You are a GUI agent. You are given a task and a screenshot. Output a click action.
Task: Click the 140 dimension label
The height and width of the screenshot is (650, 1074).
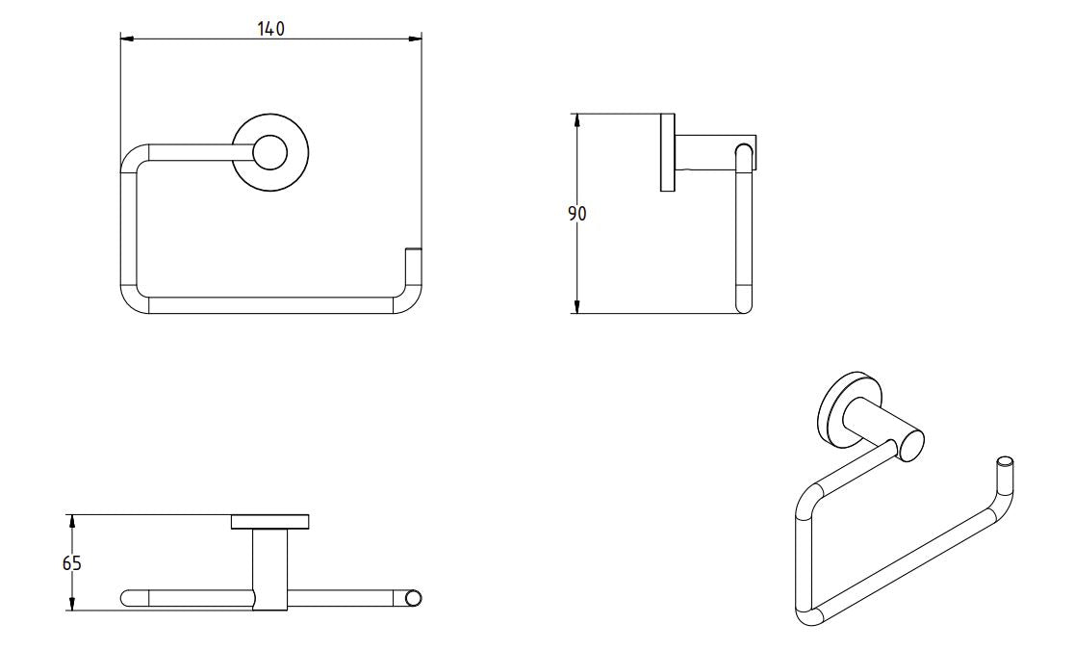tap(270, 29)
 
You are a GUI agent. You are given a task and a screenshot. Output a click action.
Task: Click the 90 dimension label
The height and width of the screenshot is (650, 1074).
tap(576, 214)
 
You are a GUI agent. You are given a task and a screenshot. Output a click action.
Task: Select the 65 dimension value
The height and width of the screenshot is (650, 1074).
tap(72, 563)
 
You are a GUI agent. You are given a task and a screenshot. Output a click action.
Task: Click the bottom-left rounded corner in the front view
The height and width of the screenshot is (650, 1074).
tap(133, 299)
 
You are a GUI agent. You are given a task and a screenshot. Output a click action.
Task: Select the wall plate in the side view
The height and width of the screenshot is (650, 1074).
tap(666, 152)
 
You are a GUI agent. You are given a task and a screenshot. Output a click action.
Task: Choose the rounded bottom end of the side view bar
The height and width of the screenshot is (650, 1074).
tap(743, 305)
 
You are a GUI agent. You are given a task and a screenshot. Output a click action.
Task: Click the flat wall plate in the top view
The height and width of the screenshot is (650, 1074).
tap(270, 522)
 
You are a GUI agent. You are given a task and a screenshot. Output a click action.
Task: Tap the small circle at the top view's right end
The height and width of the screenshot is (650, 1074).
tap(414, 599)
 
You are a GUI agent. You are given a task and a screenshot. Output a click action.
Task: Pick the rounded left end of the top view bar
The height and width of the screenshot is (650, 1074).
tap(128, 598)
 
